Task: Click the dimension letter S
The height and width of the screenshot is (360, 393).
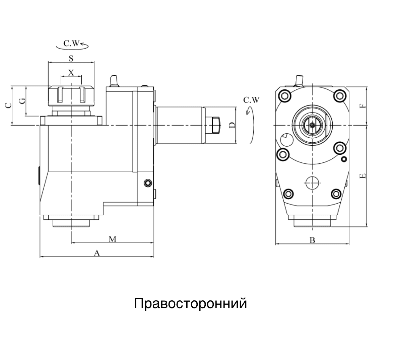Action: coord(71,58)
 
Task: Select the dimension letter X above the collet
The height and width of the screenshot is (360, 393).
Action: coord(71,72)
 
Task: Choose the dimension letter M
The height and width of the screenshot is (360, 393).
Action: coord(113,239)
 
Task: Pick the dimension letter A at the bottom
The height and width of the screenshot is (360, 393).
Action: coord(97,253)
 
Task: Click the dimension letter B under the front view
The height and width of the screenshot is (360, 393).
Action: coord(312,240)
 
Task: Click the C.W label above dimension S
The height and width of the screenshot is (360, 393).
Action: coord(72,43)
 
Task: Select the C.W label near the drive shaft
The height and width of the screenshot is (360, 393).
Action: coord(251,100)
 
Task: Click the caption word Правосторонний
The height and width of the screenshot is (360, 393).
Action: coord(190,303)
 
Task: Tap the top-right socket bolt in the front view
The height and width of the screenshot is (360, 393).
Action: coord(339,96)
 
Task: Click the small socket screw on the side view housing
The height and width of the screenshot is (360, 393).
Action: coord(147,182)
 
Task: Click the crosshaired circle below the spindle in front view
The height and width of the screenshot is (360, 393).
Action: coord(312,182)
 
